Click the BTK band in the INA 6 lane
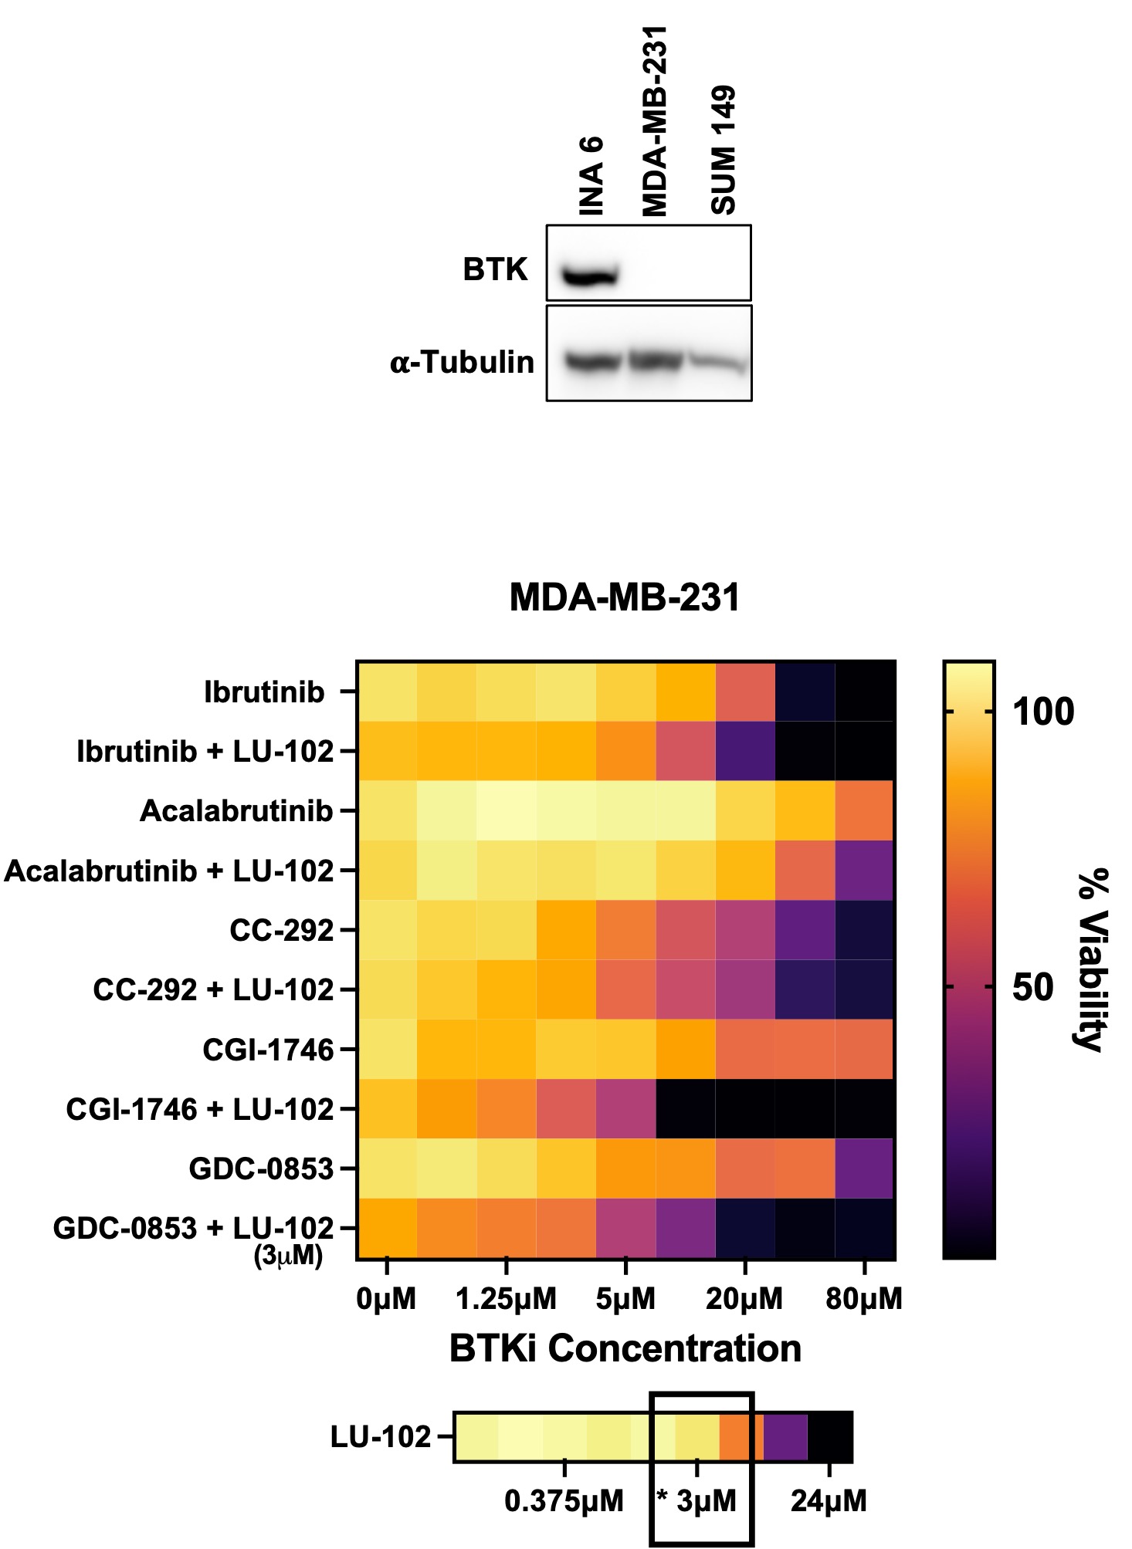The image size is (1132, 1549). click(589, 276)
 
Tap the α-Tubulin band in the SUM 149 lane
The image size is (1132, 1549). click(719, 363)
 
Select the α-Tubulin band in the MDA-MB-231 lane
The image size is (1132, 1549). click(656, 360)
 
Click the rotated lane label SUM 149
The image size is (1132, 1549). click(724, 151)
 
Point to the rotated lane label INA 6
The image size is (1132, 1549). click(591, 177)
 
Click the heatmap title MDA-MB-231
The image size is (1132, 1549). click(624, 597)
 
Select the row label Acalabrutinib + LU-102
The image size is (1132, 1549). click(169, 871)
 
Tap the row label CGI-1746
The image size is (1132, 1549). click(268, 1050)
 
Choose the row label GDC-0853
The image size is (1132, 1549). click(261, 1169)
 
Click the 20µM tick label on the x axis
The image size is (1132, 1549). click(744, 1299)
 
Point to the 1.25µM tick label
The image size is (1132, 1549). click(506, 1299)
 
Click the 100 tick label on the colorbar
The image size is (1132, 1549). click(1043, 712)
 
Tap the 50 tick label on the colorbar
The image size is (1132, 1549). click(1033, 987)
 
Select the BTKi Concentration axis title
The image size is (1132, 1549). click(625, 1348)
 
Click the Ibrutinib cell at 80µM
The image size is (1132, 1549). click(865, 692)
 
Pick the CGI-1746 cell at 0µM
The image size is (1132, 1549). click(387, 1049)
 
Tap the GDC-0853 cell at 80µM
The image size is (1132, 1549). click(865, 1169)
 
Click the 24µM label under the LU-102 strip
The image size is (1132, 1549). click(829, 1501)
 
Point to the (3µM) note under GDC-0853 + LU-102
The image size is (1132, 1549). click(288, 1256)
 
